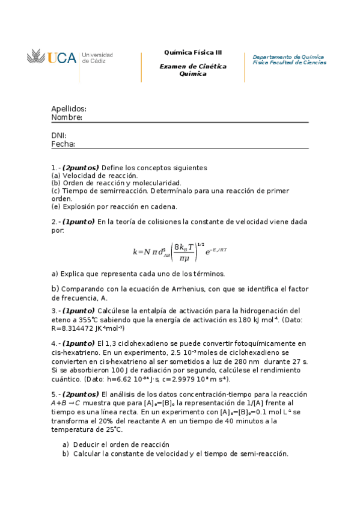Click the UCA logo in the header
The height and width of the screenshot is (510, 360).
[x=52, y=58]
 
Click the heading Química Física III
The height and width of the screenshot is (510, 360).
[x=192, y=52]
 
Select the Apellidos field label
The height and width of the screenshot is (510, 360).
[x=69, y=109]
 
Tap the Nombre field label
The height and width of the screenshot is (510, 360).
[x=67, y=117]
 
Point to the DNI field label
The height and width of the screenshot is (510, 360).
[x=59, y=135]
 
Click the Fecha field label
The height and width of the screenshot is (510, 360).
[x=63, y=144]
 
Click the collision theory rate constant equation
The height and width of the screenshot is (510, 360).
[x=180, y=251]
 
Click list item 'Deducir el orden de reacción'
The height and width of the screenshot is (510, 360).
[x=121, y=444]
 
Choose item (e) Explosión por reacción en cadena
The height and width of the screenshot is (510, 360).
[x=114, y=206]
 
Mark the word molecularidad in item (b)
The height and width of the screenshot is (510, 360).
[x=155, y=183]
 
